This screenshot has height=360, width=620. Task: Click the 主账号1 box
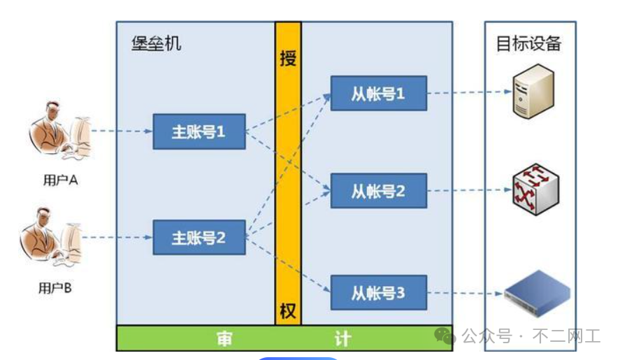pyautogui.click(x=199, y=131)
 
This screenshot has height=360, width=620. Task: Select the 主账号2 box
pyautogui.click(x=199, y=237)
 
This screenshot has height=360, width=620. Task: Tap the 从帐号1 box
pyautogui.click(x=378, y=93)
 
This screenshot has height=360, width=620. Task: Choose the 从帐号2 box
pyautogui.click(x=378, y=190)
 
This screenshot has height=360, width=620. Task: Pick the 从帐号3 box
pyautogui.click(x=378, y=294)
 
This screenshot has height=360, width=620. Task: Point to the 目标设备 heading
pyautogui.click(x=528, y=43)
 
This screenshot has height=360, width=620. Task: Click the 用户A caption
pyautogui.click(x=60, y=180)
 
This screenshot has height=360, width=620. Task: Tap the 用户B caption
pyautogui.click(x=55, y=287)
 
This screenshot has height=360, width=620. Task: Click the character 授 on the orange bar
pyautogui.click(x=288, y=58)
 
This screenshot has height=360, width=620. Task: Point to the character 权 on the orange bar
pyautogui.click(x=288, y=311)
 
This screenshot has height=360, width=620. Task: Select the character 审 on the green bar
pyautogui.click(x=224, y=339)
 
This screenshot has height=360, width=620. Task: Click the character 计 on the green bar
pyautogui.click(x=342, y=339)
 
